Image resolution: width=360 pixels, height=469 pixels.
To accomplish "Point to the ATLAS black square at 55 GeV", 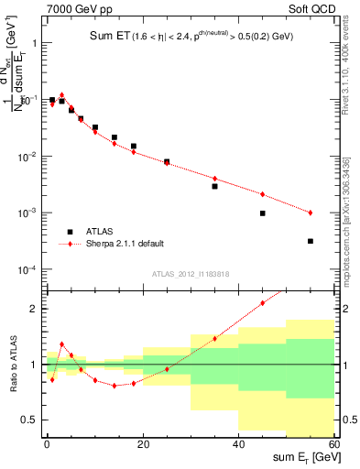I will point(311,241).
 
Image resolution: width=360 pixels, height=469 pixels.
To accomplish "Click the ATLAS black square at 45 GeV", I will point(263,213).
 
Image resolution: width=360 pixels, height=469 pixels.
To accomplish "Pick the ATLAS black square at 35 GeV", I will point(215,186).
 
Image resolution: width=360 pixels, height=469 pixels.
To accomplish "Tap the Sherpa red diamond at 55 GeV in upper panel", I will point(311,213).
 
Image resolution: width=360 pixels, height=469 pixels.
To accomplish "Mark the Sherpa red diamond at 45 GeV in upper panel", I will point(263,194).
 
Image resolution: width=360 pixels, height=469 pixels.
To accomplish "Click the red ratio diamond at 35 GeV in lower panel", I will point(215,338).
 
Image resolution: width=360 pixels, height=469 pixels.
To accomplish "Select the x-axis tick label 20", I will point(142,444).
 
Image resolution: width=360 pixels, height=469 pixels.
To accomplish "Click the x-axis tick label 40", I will point(238,444).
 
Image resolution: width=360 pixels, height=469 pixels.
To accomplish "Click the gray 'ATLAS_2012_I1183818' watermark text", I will point(191,274).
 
